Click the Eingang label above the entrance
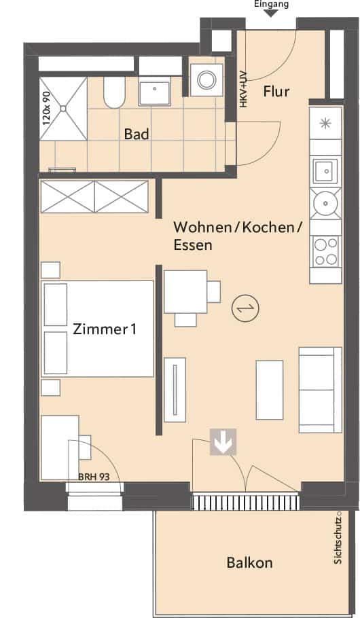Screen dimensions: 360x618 pyautogui.click(x=271, y=4)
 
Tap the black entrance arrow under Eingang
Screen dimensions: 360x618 pyautogui.click(x=271, y=14)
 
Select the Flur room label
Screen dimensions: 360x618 pyautogui.click(x=276, y=92)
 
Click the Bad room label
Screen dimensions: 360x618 pyautogui.click(x=137, y=134)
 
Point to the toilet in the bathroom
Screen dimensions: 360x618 pyautogui.click(x=114, y=92)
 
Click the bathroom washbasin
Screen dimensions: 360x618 pyautogui.click(x=155, y=91)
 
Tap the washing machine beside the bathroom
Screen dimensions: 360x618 pyautogui.click(x=206, y=80)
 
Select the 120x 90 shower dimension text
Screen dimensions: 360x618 pyautogui.click(x=46, y=109)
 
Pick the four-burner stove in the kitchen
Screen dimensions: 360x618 pyautogui.click(x=325, y=251)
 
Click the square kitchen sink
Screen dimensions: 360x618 pyautogui.click(x=325, y=170)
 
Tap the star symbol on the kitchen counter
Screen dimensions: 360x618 pyautogui.click(x=325, y=124)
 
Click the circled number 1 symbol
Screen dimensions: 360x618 pyautogui.click(x=245, y=308)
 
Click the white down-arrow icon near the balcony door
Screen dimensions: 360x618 pyautogui.click(x=223, y=442)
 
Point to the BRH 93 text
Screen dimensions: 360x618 pyautogui.click(x=94, y=477)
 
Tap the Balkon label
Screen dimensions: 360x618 pyautogui.click(x=249, y=562)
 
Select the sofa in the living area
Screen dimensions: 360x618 pyautogui.click(x=320, y=390)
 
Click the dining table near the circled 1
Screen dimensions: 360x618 pyautogui.click(x=185, y=291)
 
